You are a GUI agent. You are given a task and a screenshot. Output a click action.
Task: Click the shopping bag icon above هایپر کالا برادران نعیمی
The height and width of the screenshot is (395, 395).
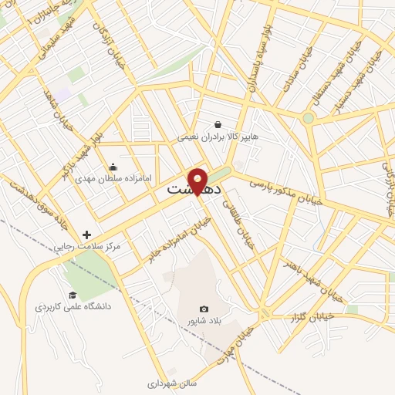tap(218, 123)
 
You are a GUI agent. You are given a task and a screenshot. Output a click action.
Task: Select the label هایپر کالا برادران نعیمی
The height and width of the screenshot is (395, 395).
tap(218, 137)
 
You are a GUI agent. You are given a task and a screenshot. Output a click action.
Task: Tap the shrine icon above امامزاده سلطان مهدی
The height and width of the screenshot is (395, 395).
tap(113, 167)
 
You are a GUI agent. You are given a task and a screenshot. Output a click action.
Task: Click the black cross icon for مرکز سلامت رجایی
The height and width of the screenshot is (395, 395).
tap(86, 235)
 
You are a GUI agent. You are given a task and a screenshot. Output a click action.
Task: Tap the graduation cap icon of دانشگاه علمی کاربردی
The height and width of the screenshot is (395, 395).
tap(73, 295)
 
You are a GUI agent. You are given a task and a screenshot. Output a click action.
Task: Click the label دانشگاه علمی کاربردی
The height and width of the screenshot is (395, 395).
tap(73, 307)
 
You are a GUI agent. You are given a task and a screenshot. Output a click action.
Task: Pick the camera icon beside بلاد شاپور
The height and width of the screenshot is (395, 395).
tap(204, 309)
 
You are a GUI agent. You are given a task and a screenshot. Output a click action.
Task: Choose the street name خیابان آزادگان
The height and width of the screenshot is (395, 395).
tap(106, 35)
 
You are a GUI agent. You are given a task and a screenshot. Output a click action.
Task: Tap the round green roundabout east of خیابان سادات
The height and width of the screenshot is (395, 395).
tap(309, 118)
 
